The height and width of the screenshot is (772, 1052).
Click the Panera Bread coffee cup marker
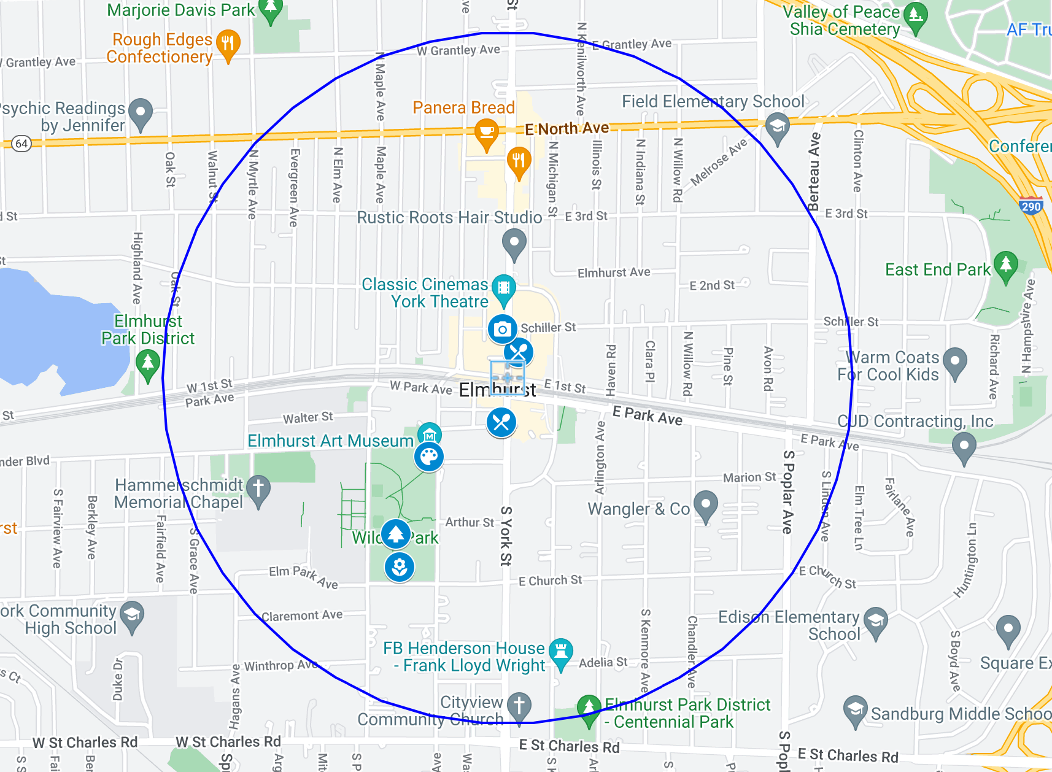click(486, 132)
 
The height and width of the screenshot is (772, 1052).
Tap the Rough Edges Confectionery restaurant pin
click(228, 44)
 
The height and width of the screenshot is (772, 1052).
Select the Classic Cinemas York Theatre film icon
click(503, 287)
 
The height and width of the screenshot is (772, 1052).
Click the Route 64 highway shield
click(21, 144)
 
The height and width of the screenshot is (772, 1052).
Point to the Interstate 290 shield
click(1031, 206)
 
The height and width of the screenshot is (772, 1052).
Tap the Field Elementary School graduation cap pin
click(777, 126)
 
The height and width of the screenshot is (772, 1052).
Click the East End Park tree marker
click(1005, 264)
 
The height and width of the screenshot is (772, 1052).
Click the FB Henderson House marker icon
click(561, 650)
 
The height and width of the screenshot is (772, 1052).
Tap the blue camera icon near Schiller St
click(502, 329)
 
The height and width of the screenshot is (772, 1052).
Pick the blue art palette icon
click(428, 457)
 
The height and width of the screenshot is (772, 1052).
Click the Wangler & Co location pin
click(706, 504)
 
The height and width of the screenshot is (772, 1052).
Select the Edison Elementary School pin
click(876, 620)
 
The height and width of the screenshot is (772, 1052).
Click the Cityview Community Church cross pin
click(519, 704)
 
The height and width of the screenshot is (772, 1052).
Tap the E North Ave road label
click(567, 128)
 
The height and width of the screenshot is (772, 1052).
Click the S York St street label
click(506, 535)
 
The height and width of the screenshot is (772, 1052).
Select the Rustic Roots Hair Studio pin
click(514, 241)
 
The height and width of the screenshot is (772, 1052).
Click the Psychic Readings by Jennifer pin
click(141, 112)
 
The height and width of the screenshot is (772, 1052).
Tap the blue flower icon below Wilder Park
click(400, 567)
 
